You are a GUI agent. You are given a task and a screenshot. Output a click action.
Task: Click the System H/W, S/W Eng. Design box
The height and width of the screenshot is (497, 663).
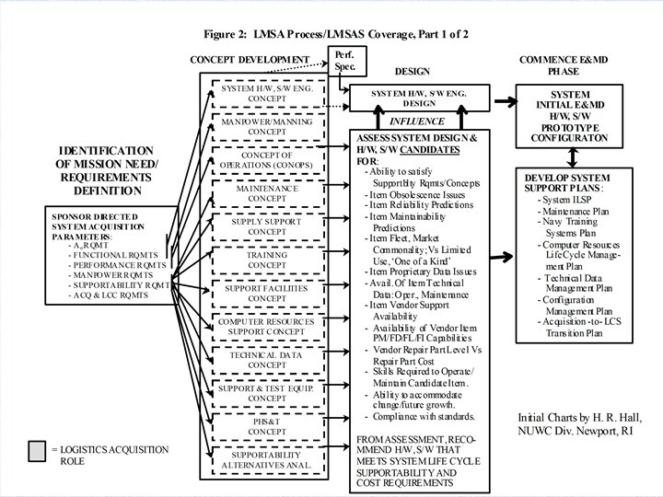[x=417, y=98]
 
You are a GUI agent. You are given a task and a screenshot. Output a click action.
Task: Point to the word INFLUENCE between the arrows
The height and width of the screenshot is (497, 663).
[x=417, y=121]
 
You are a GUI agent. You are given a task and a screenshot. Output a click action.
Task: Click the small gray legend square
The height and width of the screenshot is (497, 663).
[x=38, y=451]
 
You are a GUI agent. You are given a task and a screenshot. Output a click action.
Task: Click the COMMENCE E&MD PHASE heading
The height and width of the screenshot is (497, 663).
[x=563, y=64]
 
